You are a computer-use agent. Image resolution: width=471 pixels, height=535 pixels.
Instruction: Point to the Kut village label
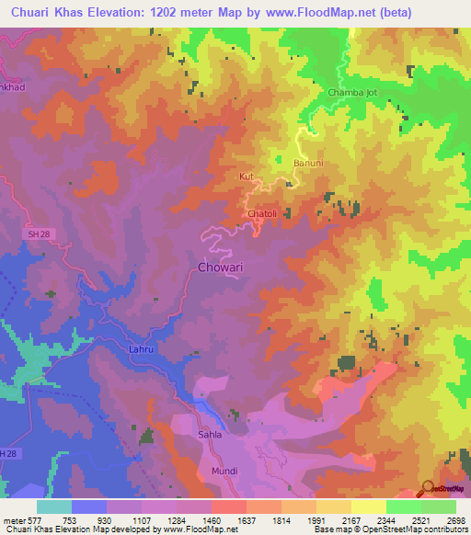[x=246, y=175]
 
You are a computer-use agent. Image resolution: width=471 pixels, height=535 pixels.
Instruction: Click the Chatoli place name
[x=263, y=214]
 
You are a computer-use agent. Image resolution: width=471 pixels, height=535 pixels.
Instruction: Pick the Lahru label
[x=131, y=349]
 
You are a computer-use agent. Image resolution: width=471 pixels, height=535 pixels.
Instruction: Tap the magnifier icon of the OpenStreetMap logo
[x=426, y=488]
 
